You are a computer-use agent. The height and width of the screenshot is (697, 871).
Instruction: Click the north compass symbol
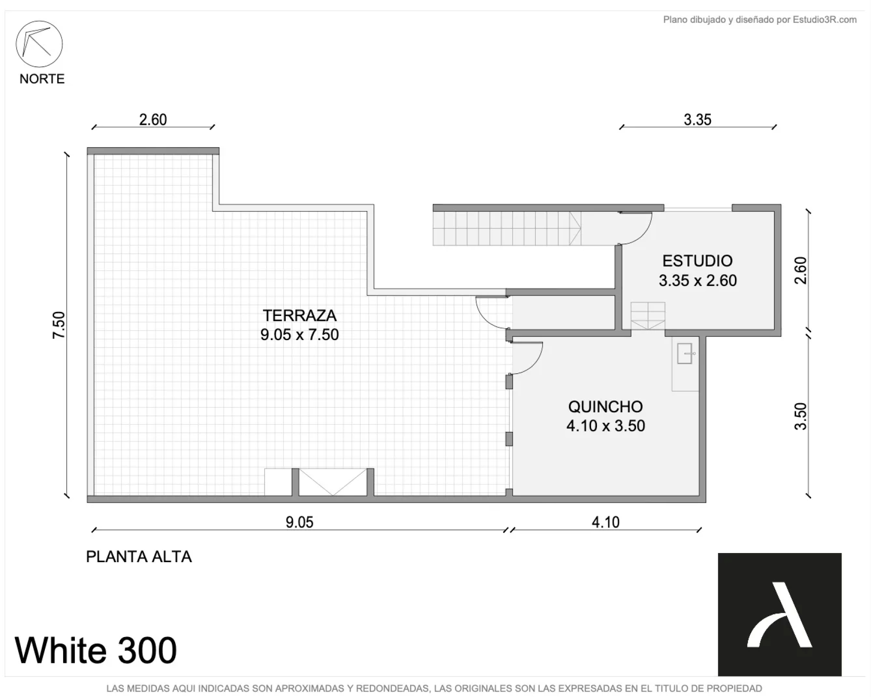[39, 44]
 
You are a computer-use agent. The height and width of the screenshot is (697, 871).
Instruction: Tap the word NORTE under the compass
[42, 79]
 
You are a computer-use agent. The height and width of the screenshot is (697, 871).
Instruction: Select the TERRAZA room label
[299, 315]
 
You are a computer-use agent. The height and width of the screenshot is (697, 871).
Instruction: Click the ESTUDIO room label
[697, 261]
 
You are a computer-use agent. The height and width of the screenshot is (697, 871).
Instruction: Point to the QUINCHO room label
[606, 406]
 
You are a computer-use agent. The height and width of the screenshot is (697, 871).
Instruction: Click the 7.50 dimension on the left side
[59, 325]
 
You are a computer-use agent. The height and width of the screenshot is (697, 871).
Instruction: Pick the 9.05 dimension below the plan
[299, 522]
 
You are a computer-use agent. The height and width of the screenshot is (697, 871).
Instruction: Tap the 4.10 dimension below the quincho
[606, 522]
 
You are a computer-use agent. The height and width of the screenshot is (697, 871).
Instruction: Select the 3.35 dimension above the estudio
[697, 120]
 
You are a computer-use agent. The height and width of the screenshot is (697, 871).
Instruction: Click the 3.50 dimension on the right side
[801, 416]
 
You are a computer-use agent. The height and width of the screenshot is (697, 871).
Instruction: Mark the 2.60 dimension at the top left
[153, 120]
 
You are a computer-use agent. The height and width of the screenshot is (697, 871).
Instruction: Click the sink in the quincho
[685, 354]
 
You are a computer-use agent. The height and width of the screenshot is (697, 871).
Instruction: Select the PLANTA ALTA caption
[139, 557]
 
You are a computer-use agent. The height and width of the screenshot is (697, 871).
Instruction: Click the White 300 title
[96, 650]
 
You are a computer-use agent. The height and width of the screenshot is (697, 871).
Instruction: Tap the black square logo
[779, 614]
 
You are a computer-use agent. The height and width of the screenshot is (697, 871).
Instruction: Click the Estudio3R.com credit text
[760, 20]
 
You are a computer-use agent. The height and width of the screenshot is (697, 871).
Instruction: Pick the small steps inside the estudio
[648, 316]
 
